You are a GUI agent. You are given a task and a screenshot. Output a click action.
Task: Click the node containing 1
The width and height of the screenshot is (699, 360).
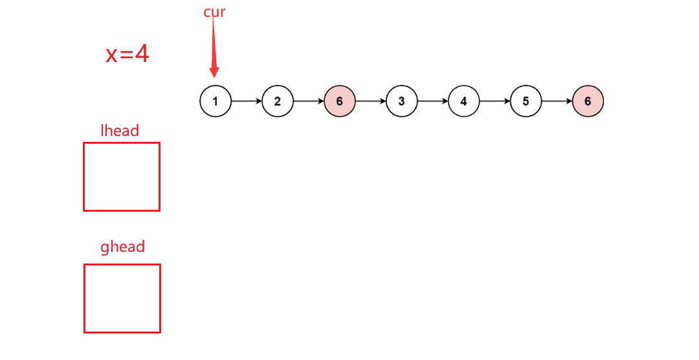point(216,102)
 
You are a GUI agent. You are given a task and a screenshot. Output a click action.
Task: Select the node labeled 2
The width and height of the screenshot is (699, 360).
point(278,102)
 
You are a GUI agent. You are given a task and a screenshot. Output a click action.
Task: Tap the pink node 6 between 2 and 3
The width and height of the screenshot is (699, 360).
point(340,102)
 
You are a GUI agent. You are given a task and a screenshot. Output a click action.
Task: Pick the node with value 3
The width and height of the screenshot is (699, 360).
point(402,102)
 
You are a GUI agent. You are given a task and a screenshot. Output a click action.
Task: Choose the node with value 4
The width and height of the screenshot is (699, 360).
point(463,102)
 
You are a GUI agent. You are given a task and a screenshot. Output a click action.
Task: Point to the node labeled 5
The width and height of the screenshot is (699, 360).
point(526,102)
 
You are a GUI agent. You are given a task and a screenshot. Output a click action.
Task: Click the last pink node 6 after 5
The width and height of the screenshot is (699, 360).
point(588,102)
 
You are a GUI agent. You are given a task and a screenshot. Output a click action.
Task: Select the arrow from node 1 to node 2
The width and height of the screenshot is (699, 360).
point(247,102)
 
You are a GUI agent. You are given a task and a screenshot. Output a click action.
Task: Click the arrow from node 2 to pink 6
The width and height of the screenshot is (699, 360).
point(309,102)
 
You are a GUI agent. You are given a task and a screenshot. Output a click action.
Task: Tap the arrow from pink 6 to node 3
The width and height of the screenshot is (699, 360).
point(371,102)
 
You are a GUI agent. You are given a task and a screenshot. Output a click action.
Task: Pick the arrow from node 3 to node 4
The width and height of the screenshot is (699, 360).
point(433,102)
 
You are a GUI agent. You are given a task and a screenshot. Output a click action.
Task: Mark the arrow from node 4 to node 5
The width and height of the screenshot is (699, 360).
point(494,102)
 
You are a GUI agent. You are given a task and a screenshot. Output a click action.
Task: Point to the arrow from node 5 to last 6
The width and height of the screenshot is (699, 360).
point(557,102)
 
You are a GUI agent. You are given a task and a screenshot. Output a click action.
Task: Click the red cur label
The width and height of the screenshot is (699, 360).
point(214,12)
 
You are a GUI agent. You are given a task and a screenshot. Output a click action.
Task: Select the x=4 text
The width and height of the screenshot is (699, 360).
point(128,54)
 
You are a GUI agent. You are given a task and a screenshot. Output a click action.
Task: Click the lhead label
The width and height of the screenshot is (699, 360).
point(120,131)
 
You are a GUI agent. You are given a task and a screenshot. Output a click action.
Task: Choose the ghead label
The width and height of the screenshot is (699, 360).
point(122,247)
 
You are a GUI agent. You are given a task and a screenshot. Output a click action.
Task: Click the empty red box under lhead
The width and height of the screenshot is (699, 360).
point(122,177)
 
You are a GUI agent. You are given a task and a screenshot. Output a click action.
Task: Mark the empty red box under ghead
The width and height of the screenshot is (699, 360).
point(122,298)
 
